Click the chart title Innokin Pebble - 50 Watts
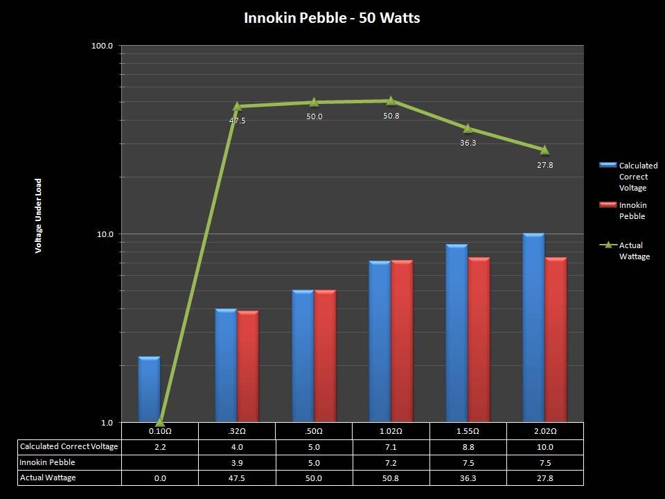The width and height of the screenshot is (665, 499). click(x=332, y=18)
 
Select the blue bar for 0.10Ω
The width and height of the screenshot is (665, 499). click(x=149, y=389)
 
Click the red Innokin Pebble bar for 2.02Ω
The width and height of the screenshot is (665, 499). click(x=556, y=339)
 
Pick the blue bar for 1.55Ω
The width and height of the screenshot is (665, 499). click(x=456, y=333)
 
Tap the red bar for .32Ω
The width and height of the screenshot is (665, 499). click(x=248, y=365)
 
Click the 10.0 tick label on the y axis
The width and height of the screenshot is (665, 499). click(x=105, y=234)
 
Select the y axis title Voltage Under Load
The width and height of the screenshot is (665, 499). click(x=39, y=216)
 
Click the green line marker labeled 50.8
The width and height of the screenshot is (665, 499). click(x=391, y=100)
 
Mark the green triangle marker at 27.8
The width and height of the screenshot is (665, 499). click(x=544, y=150)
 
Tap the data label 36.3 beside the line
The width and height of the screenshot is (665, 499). click(x=468, y=143)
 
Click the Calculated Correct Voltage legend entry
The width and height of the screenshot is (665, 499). click(x=637, y=177)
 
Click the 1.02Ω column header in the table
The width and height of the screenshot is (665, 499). click(x=391, y=430)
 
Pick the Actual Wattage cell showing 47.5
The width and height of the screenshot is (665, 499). click(x=237, y=478)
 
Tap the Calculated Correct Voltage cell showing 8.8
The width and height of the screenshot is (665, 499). click(x=468, y=447)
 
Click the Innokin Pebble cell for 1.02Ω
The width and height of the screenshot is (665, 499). click(x=391, y=462)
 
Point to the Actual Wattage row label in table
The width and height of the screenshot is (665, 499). click(x=48, y=478)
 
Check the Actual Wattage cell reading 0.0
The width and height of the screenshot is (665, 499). click(x=159, y=478)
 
